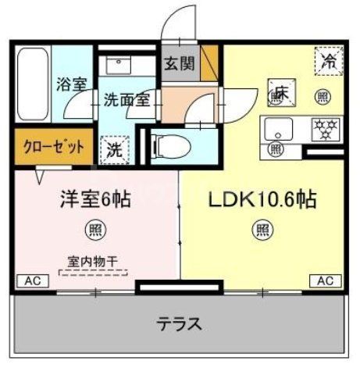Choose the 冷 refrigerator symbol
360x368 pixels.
(329, 62)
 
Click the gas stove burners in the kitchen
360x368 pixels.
(324, 127)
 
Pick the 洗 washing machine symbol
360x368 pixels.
(113, 147)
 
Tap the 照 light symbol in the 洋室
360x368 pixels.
(93, 229)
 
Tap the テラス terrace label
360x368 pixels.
(179, 323)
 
